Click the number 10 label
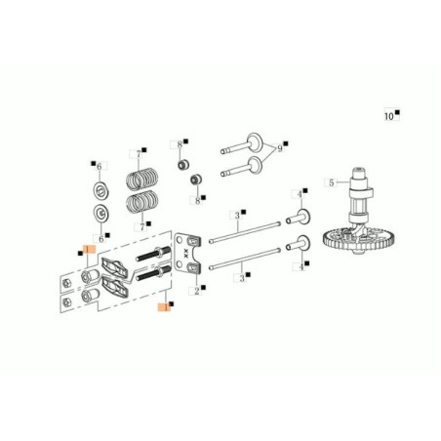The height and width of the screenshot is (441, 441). (x=388, y=116)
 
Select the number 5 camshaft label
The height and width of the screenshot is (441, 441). (x=332, y=182)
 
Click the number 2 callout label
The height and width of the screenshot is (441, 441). (x=196, y=291)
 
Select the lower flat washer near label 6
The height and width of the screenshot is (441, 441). (x=100, y=213)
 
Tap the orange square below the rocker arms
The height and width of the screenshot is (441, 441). (x=162, y=305)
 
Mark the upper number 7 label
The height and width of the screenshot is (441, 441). (x=139, y=154)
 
